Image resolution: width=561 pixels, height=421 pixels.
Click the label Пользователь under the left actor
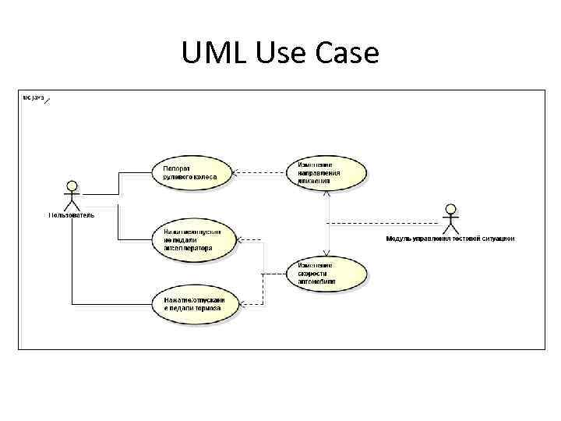click(x=72, y=215)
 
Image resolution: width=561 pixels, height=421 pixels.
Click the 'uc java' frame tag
click(x=34, y=97)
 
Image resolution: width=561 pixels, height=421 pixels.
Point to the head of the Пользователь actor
click(x=72, y=185)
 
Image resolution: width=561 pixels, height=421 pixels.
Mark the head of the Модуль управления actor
click(x=450, y=208)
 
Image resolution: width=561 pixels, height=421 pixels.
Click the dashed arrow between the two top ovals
click(x=260, y=172)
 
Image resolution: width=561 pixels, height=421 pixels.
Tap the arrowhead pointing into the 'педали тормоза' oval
click(x=240, y=304)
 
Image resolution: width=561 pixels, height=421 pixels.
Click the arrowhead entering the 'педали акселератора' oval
click(x=240, y=240)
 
